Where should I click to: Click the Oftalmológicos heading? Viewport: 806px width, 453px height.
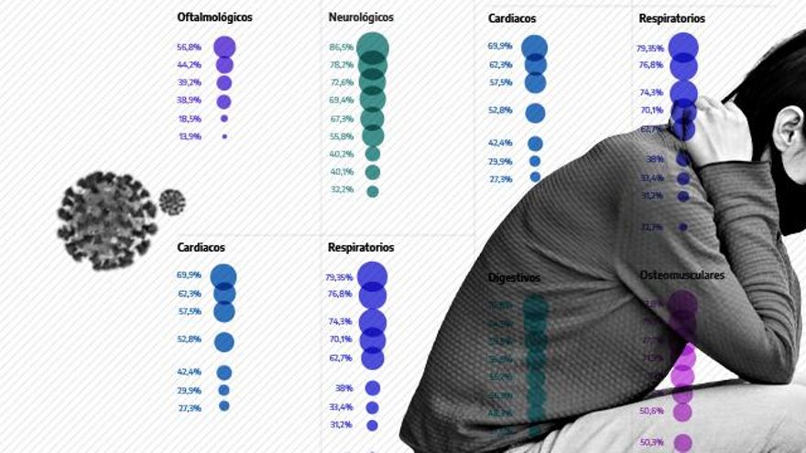[x=214, y=16]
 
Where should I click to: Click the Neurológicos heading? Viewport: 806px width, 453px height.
[x=361, y=16]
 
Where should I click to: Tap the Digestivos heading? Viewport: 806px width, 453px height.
[x=514, y=277]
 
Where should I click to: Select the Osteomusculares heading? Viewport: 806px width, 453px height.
[x=681, y=275]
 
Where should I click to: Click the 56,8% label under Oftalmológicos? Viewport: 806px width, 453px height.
[x=189, y=48]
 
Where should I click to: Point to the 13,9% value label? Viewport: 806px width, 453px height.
[x=189, y=136]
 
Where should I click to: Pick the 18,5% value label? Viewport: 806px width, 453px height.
[x=189, y=119]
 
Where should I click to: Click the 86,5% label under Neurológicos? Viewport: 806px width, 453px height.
[x=341, y=48]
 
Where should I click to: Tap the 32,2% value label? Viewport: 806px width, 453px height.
[x=341, y=190]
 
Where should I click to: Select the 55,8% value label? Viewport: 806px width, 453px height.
[x=341, y=136]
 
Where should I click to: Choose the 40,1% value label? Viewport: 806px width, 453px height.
[x=341, y=172]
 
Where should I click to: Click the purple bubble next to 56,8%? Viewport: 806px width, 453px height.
[x=224, y=48]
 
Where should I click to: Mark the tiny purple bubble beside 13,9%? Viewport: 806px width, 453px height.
[x=224, y=136]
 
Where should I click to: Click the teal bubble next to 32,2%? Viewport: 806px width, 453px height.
[x=373, y=191]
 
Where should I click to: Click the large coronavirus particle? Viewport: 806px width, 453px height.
[x=106, y=221]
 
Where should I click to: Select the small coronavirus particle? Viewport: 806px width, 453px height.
[x=172, y=201]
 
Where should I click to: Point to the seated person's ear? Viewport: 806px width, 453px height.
[x=785, y=127]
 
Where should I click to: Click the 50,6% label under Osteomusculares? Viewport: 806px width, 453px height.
[x=652, y=411]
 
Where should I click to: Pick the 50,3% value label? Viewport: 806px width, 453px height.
[x=652, y=442]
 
